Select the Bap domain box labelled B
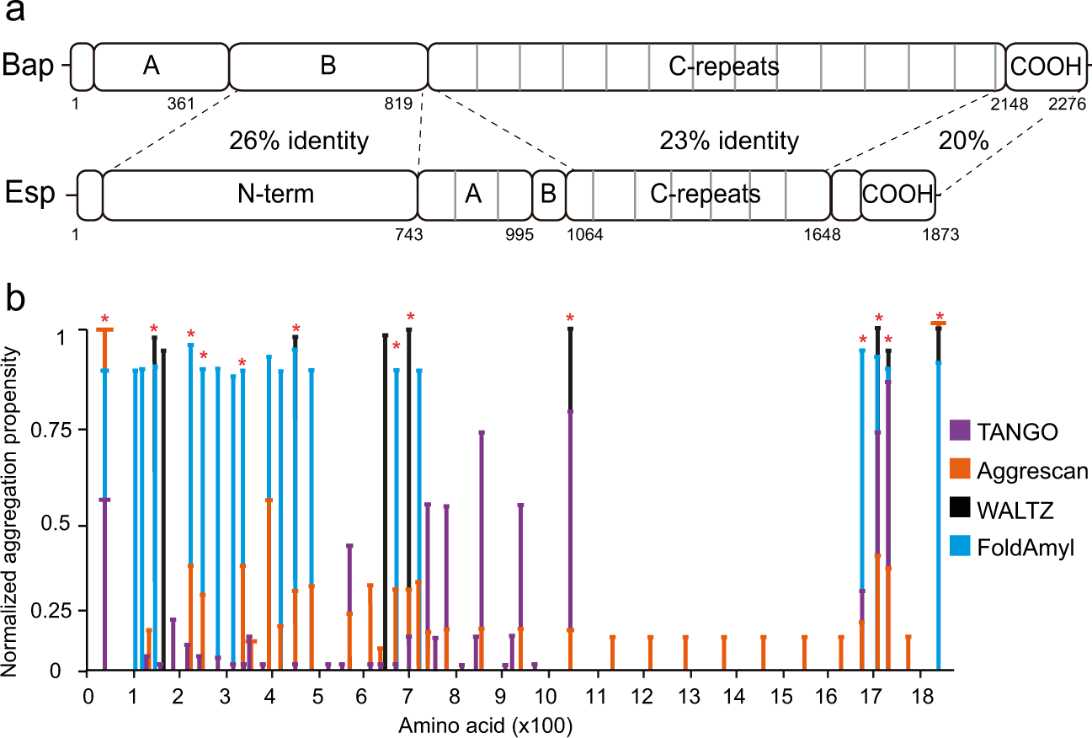tap(328, 67)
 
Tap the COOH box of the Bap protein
tap(1044, 67)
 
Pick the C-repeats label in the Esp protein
tap(706, 195)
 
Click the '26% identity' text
tap(299, 141)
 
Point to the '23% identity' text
tap(728, 141)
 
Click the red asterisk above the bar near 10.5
tap(570, 318)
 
